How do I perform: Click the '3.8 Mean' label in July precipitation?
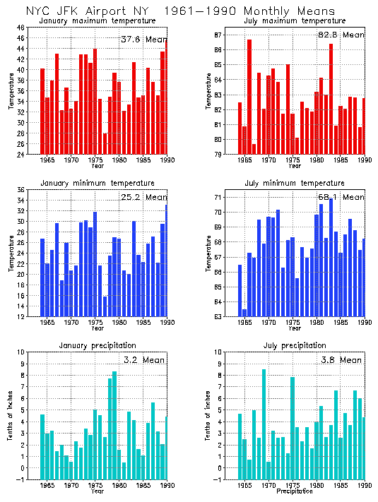pyautogui.click(x=341, y=359)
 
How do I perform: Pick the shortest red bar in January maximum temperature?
pyautogui.click(x=105, y=144)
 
